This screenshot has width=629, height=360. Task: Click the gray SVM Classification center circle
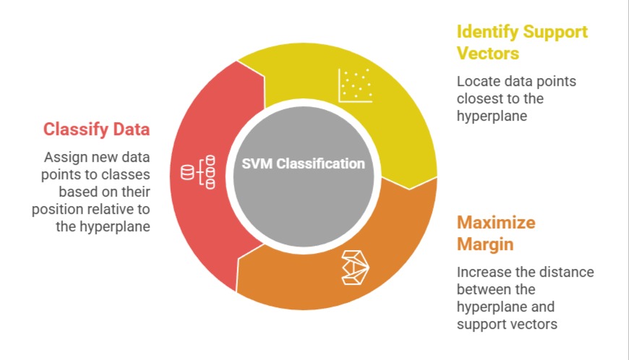click(304, 188)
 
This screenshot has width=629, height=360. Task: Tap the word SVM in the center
click(257, 163)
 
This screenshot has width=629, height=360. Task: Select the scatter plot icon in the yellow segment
click(356, 85)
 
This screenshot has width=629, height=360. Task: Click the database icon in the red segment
click(198, 172)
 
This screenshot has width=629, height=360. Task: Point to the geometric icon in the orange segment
click(356, 267)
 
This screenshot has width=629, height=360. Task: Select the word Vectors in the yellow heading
click(488, 54)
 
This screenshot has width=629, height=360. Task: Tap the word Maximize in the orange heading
click(495, 222)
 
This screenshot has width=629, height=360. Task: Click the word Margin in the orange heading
click(485, 244)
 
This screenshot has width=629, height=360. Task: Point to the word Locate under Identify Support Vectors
click(477, 82)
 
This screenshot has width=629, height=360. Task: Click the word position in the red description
click(55, 209)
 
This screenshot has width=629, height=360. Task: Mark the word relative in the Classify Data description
click(112, 209)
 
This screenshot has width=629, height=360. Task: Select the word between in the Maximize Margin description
click(480, 289)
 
